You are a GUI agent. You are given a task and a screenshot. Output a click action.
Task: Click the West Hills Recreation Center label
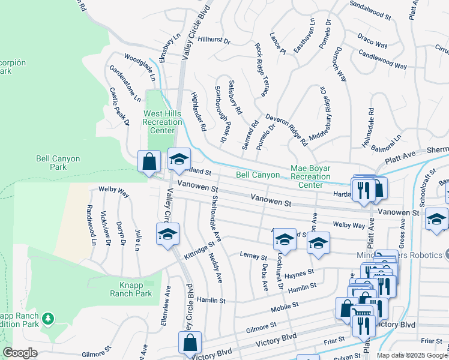click(162, 122)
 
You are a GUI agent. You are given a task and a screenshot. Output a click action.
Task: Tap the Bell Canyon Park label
click(58, 163)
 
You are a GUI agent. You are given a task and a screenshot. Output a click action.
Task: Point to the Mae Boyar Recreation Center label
click(310, 176)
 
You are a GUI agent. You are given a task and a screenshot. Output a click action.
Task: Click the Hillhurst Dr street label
click(214, 41)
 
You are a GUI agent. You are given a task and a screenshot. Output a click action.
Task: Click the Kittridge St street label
click(199, 251)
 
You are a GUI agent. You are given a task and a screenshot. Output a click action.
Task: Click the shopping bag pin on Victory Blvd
click(190, 343)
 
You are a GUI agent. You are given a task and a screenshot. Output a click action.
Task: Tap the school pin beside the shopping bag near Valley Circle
click(178, 159)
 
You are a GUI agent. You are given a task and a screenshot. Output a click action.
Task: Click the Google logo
click(20, 353)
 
